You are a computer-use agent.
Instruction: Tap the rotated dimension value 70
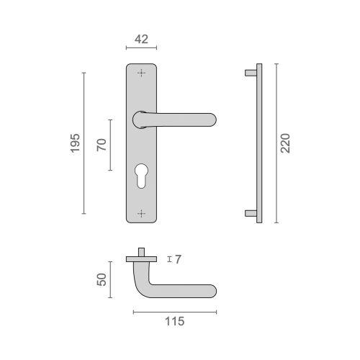point(102,144)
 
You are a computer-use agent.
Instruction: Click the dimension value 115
point(174,321)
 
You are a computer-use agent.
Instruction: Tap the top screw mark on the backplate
point(141,72)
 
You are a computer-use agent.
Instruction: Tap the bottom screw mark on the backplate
point(141,212)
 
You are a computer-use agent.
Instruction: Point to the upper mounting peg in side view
point(251,72)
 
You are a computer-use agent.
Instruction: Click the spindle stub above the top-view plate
point(143,251)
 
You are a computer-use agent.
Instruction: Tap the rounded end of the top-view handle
point(211,292)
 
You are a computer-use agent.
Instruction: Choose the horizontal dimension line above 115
point(174,312)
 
